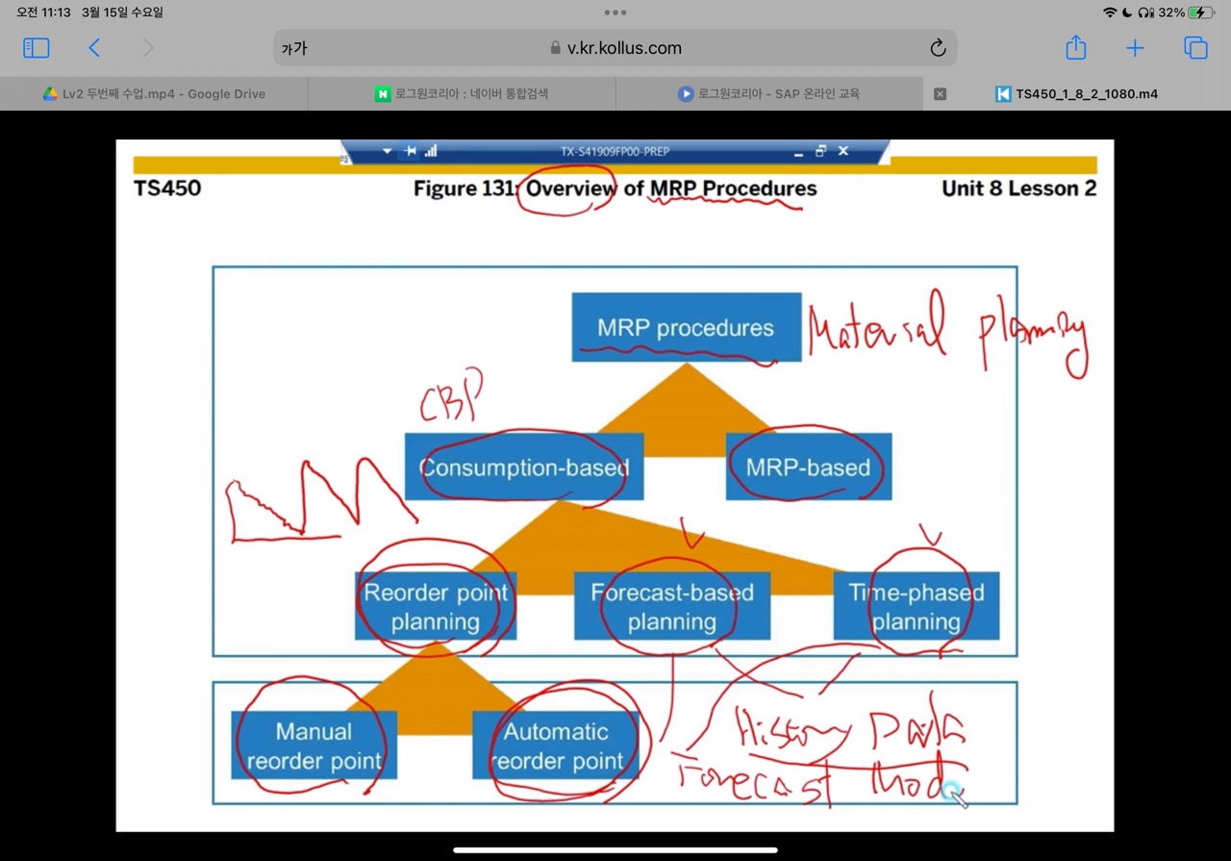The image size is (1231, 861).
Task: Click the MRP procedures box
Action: coord(686,327)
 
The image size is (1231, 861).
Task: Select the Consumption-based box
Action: coord(524,468)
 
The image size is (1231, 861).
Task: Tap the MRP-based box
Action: coord(808,468)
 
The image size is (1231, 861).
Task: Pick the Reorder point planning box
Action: coord(436,606)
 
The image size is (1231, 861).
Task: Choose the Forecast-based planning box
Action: coord(671,606)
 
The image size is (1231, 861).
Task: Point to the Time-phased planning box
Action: coord(916,606)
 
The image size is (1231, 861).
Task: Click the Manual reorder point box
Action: coord(314,746)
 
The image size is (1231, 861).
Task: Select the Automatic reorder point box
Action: coord(556,746)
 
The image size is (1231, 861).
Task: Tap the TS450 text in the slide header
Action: coord(167,189)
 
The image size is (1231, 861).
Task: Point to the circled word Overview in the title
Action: coord(570,189)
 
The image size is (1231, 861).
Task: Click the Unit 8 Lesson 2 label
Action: coord(1018,189)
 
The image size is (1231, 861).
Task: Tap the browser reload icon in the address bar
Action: coord(938,48)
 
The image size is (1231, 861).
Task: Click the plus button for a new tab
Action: coord(1135,48)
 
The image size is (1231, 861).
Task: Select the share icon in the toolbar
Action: coord(1075,48)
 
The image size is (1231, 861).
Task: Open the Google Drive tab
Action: coord(154,94)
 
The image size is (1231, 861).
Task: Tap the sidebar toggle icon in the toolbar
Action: coord(36,48)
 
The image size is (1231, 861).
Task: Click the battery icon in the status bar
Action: coord(1201,13)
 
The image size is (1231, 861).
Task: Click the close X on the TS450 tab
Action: coord(941,94)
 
